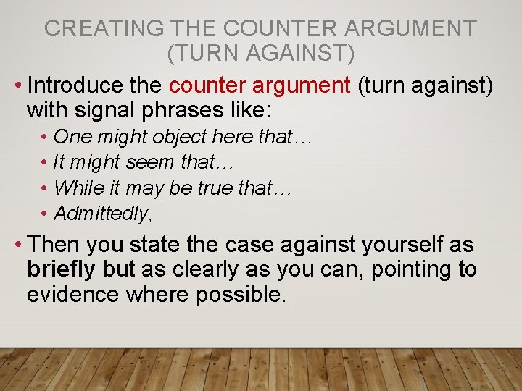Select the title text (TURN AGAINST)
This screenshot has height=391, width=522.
(260, 54)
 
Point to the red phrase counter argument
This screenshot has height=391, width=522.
(260, 85)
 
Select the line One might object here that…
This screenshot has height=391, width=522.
(183, 136)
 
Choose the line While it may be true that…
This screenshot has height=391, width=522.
(173, 188)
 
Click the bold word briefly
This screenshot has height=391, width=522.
(61, 269)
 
